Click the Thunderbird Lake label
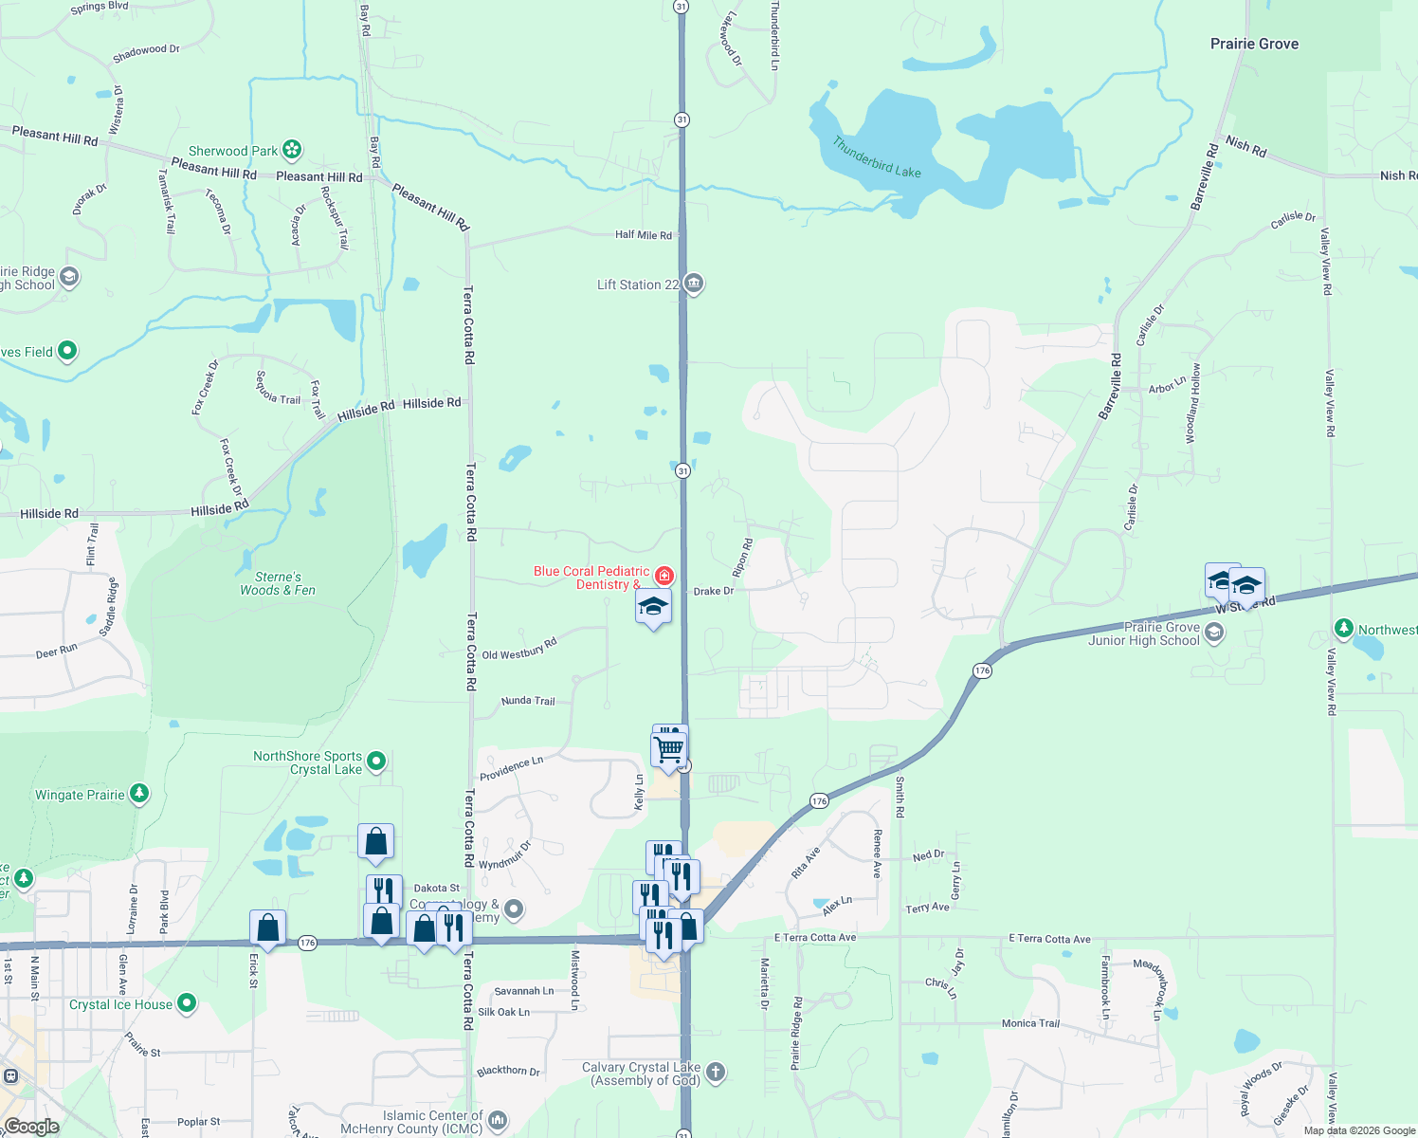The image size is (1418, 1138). point(877,157)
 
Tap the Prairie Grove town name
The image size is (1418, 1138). point(1254,44)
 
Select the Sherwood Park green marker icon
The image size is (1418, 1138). point(292,150)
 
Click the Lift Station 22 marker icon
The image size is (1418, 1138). point(694,284)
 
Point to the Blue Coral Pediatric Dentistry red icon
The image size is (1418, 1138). point(664,576)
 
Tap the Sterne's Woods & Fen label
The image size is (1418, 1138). point(278,583)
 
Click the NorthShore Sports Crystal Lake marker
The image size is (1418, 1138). point(376,761)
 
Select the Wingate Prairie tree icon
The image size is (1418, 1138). point(139,793)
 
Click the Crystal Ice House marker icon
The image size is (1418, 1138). point(187,1002)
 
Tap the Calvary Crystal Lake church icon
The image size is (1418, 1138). point(716,1072)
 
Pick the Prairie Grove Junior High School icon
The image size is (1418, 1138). point(1214,633)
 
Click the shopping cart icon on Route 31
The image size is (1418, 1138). point(669,749)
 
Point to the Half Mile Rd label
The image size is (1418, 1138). point(643,234)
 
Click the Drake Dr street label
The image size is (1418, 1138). point(714,591)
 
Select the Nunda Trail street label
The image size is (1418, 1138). point(528,701)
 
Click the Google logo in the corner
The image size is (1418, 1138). point(31,1127)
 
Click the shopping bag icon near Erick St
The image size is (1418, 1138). point(268,927)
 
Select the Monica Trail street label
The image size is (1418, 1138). point(1030,1023)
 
